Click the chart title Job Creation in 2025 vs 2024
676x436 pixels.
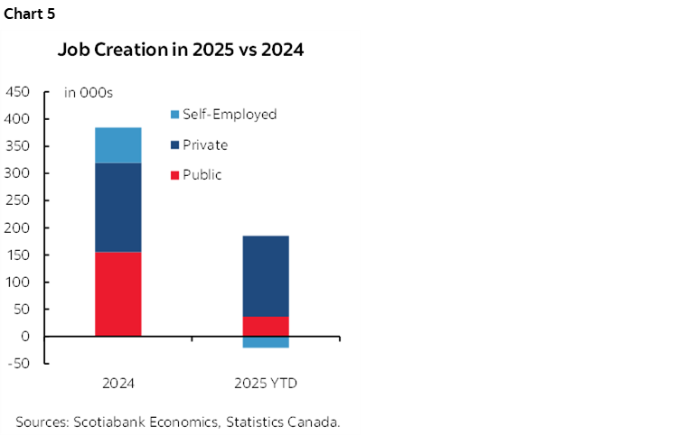[x=181, y=50]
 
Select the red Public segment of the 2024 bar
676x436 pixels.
[x=118, y=293]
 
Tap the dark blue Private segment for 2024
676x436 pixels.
[x=118, y=207]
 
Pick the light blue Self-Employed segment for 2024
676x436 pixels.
[x=118, y=144]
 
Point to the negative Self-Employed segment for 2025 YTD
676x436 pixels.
[x=265, y=342]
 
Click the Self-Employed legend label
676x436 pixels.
[x=230, y=115]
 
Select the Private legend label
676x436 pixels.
[x=205, y=144]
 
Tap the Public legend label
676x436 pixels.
[x=202, y=175]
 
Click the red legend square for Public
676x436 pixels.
[x=174, y=175]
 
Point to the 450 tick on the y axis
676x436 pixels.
[x=18, y=92]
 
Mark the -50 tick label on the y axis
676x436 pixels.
[x=20, y=364]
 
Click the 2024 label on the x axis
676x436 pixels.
[x=118, y=384]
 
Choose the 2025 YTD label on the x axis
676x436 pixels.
[x=265, y=384]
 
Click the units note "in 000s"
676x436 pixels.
[x=88, y=92]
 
